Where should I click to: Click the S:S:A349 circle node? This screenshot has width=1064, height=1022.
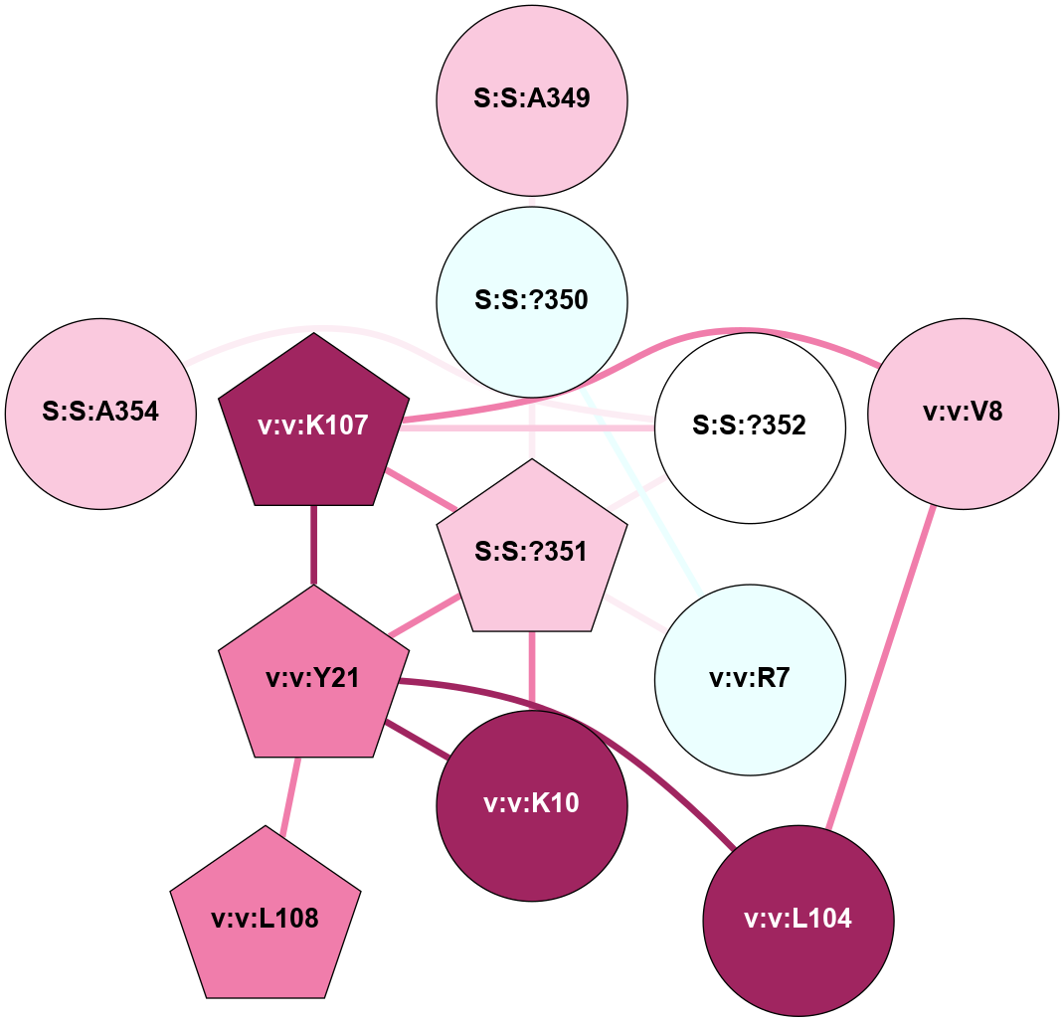click(532, 99)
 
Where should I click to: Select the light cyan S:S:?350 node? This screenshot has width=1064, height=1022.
click(532, 300)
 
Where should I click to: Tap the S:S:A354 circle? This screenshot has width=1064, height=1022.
click(100, 414)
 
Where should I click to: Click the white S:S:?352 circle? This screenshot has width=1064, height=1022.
click(750, 427)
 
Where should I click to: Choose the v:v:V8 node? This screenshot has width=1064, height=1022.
click(963, 414)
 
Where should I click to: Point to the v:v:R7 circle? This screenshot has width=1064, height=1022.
click(750, 680)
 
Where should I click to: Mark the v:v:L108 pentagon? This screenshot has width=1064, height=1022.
click(266, 918)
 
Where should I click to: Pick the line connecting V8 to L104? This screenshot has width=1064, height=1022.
click(881, 667)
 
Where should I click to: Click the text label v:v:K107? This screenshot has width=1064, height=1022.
click(314, 427)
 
